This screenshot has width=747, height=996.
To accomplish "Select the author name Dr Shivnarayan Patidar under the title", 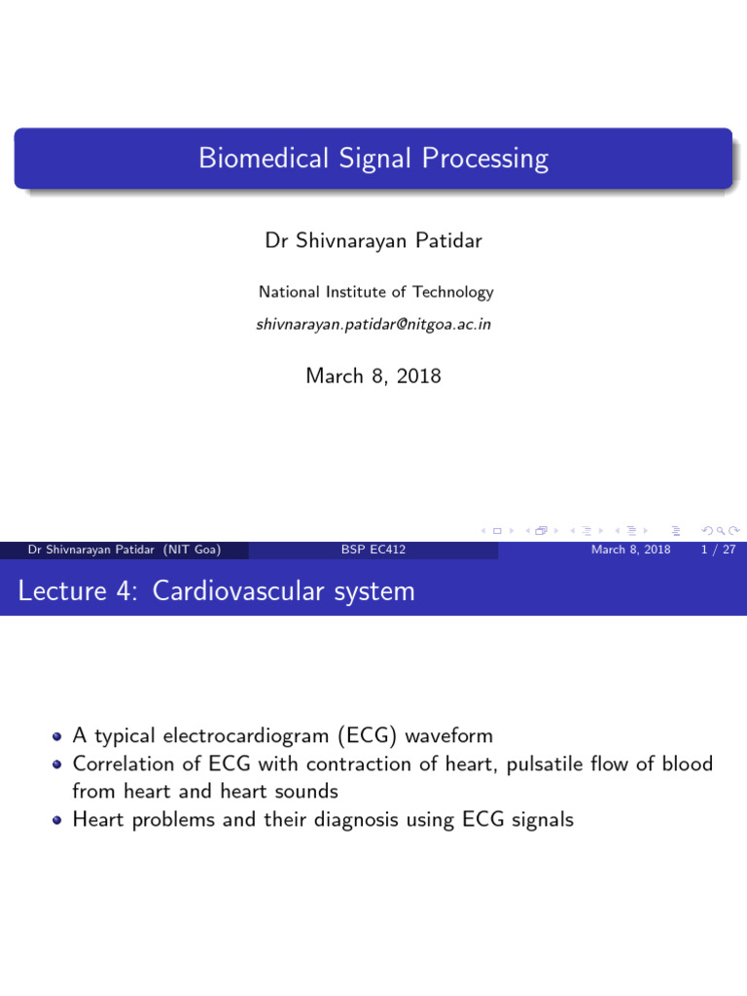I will coord(373,241).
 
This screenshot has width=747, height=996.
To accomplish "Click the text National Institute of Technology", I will coord(375,292).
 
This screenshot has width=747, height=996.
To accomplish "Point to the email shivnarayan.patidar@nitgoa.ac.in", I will coord(373,324).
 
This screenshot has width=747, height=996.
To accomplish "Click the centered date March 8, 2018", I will coord(373,375).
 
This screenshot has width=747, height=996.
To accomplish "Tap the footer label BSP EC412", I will coord(373,551).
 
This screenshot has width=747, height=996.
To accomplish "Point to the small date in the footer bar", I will coord(630,551).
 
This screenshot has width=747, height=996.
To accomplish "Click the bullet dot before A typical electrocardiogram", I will coord(58,737).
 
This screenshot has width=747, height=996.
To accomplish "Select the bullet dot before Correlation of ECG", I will coord(58,765).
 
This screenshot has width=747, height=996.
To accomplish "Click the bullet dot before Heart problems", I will coord(58,820).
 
